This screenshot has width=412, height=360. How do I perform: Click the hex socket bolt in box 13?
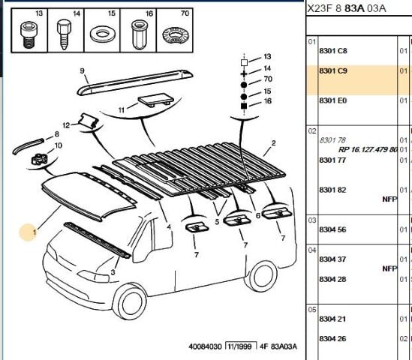[28, 34]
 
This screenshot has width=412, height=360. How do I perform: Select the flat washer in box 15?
[102, 34]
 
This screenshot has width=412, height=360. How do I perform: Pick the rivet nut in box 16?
[138, 35]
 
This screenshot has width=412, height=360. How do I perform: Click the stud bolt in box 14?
[64, 34]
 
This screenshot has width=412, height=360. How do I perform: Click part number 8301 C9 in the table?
[333, 71]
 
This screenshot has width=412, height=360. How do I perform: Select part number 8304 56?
[332, 229]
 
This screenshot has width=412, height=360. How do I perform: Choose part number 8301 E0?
[333, 100]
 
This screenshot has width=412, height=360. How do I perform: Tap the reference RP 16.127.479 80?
[368, 150]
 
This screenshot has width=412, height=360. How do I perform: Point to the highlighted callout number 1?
[35, 232]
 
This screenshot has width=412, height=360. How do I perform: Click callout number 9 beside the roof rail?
[83, 71]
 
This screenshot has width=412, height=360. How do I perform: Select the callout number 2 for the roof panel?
[273, 143]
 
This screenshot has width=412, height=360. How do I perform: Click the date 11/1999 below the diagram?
[239, 346]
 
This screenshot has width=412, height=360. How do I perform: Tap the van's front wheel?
[131, 301]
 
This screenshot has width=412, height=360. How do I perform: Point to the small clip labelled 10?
[40, 159]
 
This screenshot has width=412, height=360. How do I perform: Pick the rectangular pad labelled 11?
[155, 100]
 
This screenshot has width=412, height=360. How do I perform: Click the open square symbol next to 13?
[244, 62]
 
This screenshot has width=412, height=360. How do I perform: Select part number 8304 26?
[332, 339]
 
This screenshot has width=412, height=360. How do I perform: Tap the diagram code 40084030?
[205, 346]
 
